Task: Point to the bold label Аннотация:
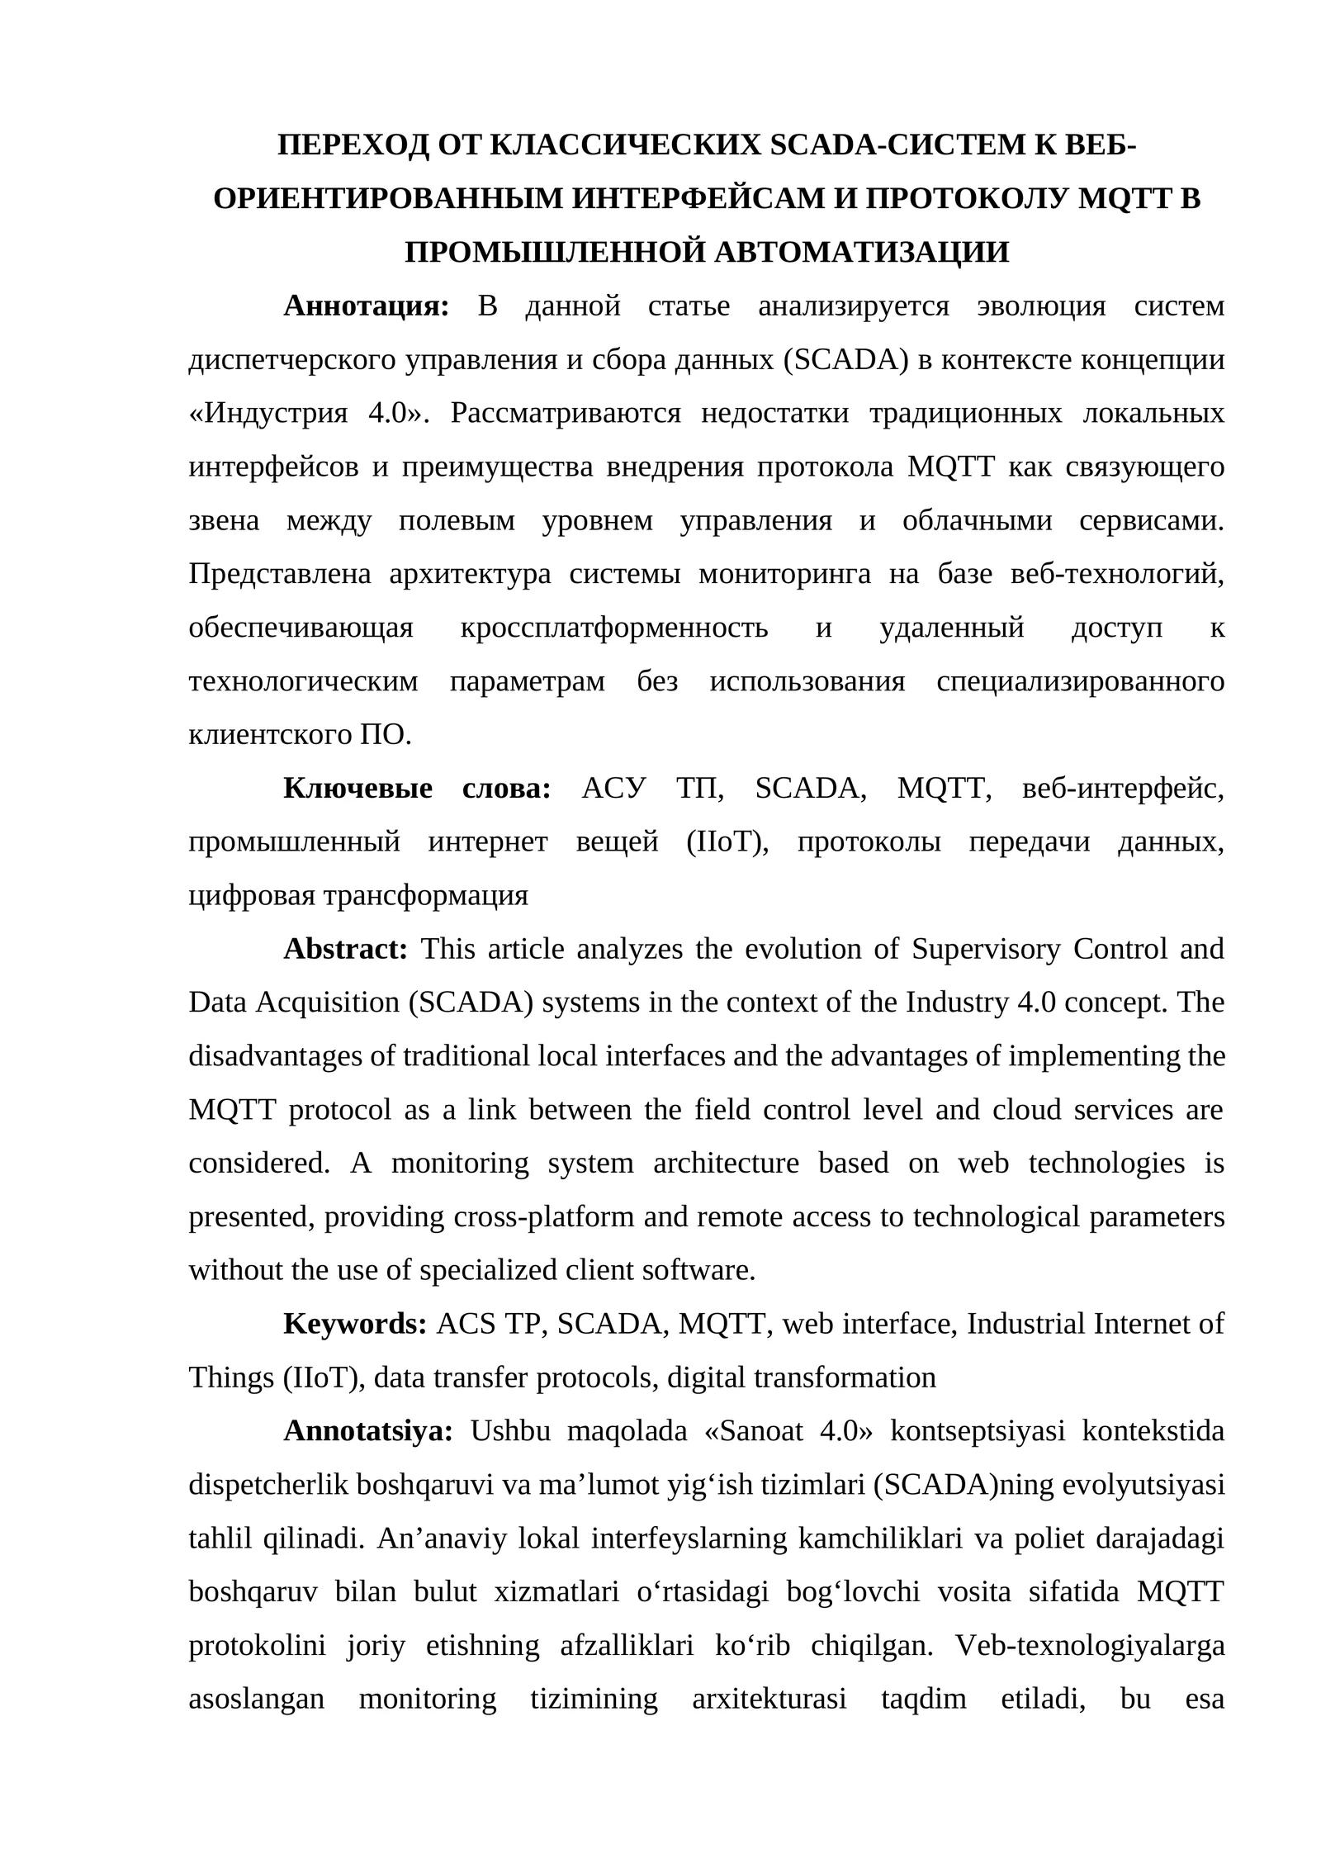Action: pyautogui.click(x=366, y=306)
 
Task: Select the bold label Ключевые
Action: pyautogui.click(x=357, y=789)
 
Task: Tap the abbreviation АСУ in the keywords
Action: pyautogui.click(x=613, y=789)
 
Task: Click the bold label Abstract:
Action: pyautogui.click(x=345, y=949)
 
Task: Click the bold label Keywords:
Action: pyautogui.click(x=354, y=1324)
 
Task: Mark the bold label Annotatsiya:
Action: pyautogui.click(x=367, y=1431)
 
